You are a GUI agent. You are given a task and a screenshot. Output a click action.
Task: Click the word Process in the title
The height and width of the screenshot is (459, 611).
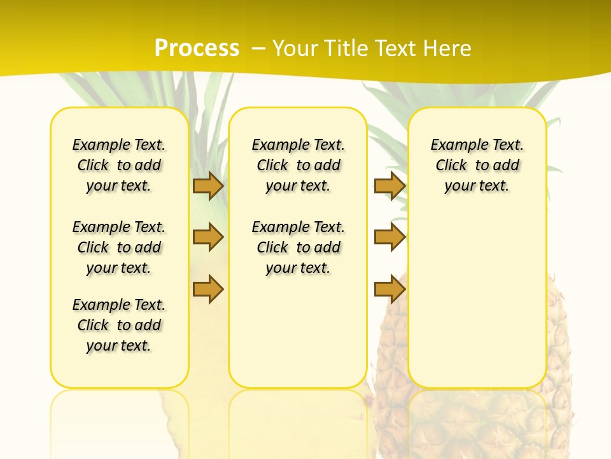[197, 48]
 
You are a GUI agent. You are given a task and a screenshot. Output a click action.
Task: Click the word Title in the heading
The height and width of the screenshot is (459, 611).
[345, 48]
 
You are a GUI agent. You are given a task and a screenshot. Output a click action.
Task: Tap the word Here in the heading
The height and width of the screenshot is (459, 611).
[448, 48]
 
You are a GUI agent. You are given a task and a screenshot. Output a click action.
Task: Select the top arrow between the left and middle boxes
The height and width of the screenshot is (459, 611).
[208, 186]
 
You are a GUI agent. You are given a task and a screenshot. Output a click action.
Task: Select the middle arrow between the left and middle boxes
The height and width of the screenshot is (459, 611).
[208, 237]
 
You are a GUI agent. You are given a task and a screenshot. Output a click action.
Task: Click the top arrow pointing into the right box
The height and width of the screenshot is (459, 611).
[390, 186]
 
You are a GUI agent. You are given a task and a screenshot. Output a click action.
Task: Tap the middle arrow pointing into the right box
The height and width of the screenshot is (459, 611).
[390, 237]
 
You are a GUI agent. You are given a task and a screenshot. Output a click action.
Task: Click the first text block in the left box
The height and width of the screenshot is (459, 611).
[119, 165]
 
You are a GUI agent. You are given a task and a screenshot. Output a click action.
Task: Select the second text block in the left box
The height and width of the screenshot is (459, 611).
[119, 247]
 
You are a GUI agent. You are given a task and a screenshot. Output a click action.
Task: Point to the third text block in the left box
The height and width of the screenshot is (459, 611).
[119, 325]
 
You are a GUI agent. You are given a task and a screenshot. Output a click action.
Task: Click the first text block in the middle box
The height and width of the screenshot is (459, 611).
[298, 165]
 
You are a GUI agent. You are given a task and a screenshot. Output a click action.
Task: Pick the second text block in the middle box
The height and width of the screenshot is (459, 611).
[298, 247]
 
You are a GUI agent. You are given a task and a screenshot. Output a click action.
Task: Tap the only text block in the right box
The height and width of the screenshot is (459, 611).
[477, 165]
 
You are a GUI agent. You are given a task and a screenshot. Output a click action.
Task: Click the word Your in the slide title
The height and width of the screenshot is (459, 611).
[296, 48]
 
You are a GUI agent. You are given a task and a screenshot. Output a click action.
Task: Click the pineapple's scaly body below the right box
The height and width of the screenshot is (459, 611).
[477, 421]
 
